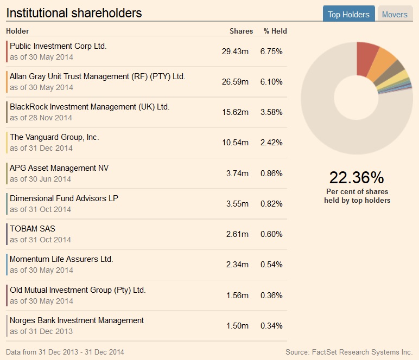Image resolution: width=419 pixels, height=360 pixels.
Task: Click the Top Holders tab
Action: [x=348, y=15]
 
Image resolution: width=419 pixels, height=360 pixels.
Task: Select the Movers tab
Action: [x=395, y=15]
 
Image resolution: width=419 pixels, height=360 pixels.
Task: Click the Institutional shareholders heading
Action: [x=74, y=13]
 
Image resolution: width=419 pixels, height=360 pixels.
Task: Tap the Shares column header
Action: [x=241, y=31]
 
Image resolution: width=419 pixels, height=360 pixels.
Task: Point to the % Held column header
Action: [x=275, y=31]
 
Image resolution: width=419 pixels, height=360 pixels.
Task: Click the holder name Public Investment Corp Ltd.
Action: [x=58, y=46]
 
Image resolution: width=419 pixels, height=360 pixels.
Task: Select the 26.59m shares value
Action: [x=235, y=82]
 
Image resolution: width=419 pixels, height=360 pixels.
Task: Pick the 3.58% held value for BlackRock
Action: [x=271, y=112]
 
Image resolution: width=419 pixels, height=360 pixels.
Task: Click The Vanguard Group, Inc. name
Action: [x=54, y=137]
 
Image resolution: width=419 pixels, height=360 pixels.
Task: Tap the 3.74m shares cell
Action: [x=237, y=173]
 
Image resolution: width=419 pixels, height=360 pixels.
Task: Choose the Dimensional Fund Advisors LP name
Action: [x=64, y=198]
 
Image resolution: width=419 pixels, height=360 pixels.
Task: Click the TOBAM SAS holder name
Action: [x=33, y=229]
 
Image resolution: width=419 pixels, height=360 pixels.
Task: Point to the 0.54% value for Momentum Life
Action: [x=271, y=265]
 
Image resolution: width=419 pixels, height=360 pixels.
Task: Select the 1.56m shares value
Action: [x=237, y=295]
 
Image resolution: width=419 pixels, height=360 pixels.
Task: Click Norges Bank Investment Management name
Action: [x=77, y=320]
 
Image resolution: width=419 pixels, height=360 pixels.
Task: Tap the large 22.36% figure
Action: [x=357, y=177]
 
